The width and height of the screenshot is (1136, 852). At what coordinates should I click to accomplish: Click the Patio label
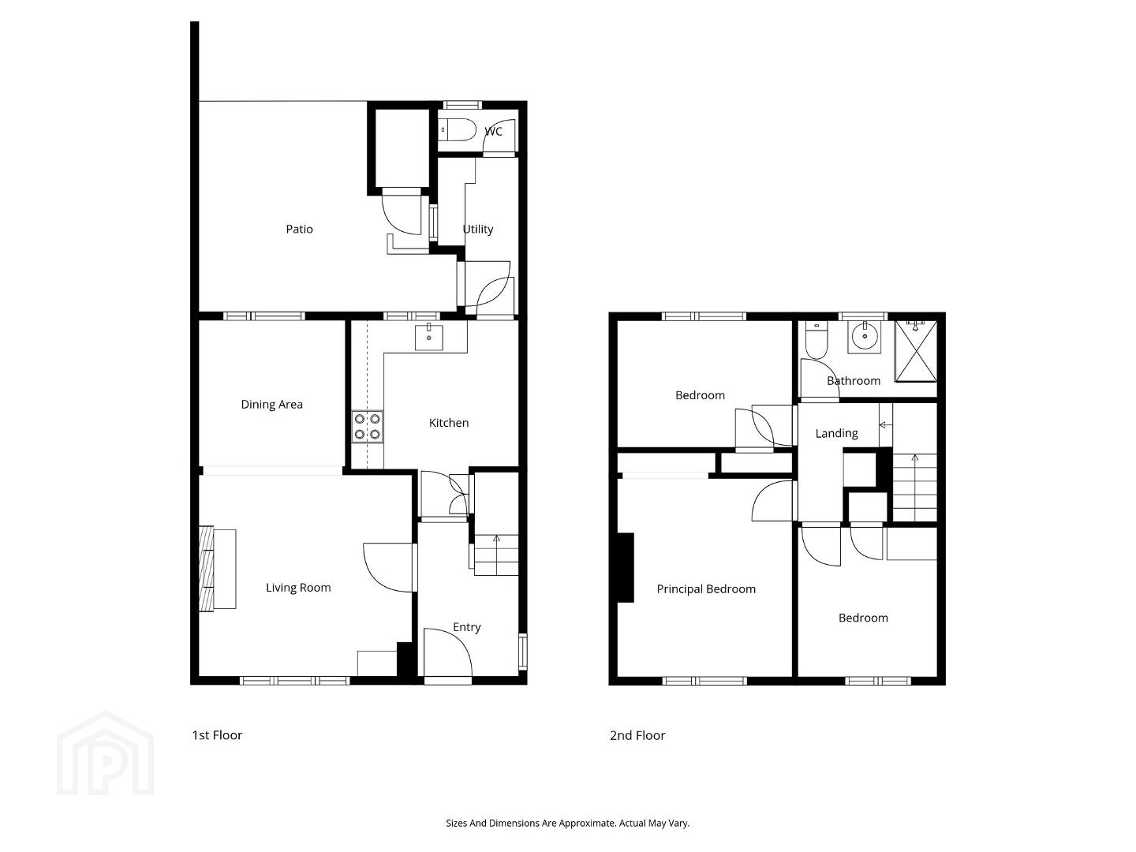(299, 229)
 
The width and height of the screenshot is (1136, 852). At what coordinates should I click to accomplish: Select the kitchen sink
(428, 336)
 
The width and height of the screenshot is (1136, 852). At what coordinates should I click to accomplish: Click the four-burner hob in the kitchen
(368, 426)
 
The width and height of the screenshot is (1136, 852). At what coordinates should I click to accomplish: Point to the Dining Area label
(271, 405)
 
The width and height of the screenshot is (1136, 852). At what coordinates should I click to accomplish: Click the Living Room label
(298, 588)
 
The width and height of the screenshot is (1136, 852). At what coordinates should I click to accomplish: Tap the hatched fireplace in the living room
(206, 569)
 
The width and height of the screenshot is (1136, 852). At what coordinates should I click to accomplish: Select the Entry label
(467, 627)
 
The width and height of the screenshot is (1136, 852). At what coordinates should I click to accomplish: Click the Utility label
(478, 229)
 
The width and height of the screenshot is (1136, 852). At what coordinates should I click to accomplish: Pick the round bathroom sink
(865, 336)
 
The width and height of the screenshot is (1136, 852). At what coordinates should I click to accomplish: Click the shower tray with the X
(916, 351)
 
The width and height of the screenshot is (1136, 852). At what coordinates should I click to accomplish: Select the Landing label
(836, 433)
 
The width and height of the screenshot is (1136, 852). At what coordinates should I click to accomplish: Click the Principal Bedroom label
(706, 589)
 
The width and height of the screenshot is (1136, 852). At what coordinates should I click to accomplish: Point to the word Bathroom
(854, 381)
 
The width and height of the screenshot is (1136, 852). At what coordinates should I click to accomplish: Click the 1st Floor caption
(217, 735)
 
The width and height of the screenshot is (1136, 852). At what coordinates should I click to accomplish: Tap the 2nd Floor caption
(637, 735)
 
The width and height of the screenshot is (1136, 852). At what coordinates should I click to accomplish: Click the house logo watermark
(105, 753)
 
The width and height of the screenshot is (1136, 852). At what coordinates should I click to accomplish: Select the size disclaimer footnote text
(568, 823)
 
